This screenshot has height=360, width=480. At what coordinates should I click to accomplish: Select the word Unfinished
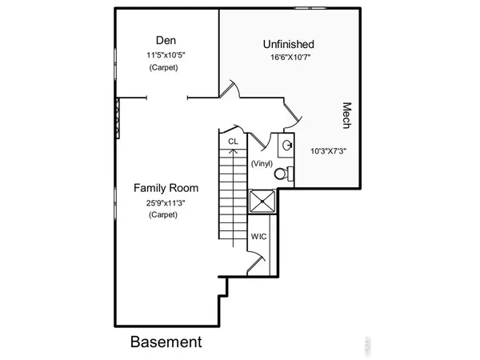tap(288, 44)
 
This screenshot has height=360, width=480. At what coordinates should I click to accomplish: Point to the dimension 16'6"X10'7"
tap(288, 58)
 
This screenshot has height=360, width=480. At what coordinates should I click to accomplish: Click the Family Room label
tap(166, 188)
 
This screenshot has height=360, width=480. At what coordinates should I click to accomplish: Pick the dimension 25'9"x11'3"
tap(166, 202)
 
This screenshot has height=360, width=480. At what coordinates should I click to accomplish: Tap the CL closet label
tap(234, 142)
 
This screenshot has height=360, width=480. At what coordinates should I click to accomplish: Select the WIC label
tap(259, 237)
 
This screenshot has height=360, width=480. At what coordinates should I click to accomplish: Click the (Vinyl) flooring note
tap(262, 163)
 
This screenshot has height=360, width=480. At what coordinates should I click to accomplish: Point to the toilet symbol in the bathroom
tap(282, 173)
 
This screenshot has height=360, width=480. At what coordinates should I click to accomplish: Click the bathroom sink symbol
tap(286, 146)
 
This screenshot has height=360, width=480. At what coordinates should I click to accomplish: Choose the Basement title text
tap(166, 342)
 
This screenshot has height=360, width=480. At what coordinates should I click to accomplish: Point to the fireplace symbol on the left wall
tap(118, 118)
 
